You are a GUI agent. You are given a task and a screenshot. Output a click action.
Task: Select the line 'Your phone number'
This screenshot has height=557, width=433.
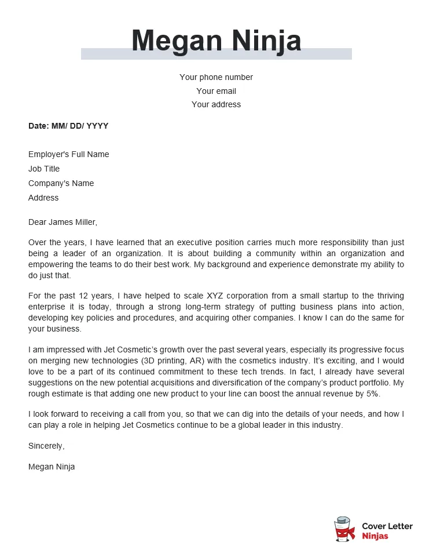[216, 77]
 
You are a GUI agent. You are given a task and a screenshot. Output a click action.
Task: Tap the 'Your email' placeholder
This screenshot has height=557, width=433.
[216, 91]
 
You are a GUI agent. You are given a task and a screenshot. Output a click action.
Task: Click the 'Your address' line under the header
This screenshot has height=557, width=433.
[216, 104]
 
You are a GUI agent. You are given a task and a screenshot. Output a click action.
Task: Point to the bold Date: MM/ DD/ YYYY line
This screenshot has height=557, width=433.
[68, 126]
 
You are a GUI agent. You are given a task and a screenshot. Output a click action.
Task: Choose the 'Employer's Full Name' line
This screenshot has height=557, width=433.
[68, 154]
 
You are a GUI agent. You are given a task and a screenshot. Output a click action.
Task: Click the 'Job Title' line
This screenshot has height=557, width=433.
[44, 169]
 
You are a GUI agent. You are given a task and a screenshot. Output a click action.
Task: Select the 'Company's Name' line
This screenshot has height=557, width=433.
[61, 183]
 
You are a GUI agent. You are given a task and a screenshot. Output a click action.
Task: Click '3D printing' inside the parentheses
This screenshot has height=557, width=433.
[164, 361]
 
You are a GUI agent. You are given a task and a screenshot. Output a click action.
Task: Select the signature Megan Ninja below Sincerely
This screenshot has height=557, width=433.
[52, 467]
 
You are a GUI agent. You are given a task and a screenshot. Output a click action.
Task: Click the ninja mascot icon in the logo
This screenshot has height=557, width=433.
[345, 529]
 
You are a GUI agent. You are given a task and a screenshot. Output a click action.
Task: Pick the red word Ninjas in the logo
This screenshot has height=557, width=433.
[375, 536]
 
